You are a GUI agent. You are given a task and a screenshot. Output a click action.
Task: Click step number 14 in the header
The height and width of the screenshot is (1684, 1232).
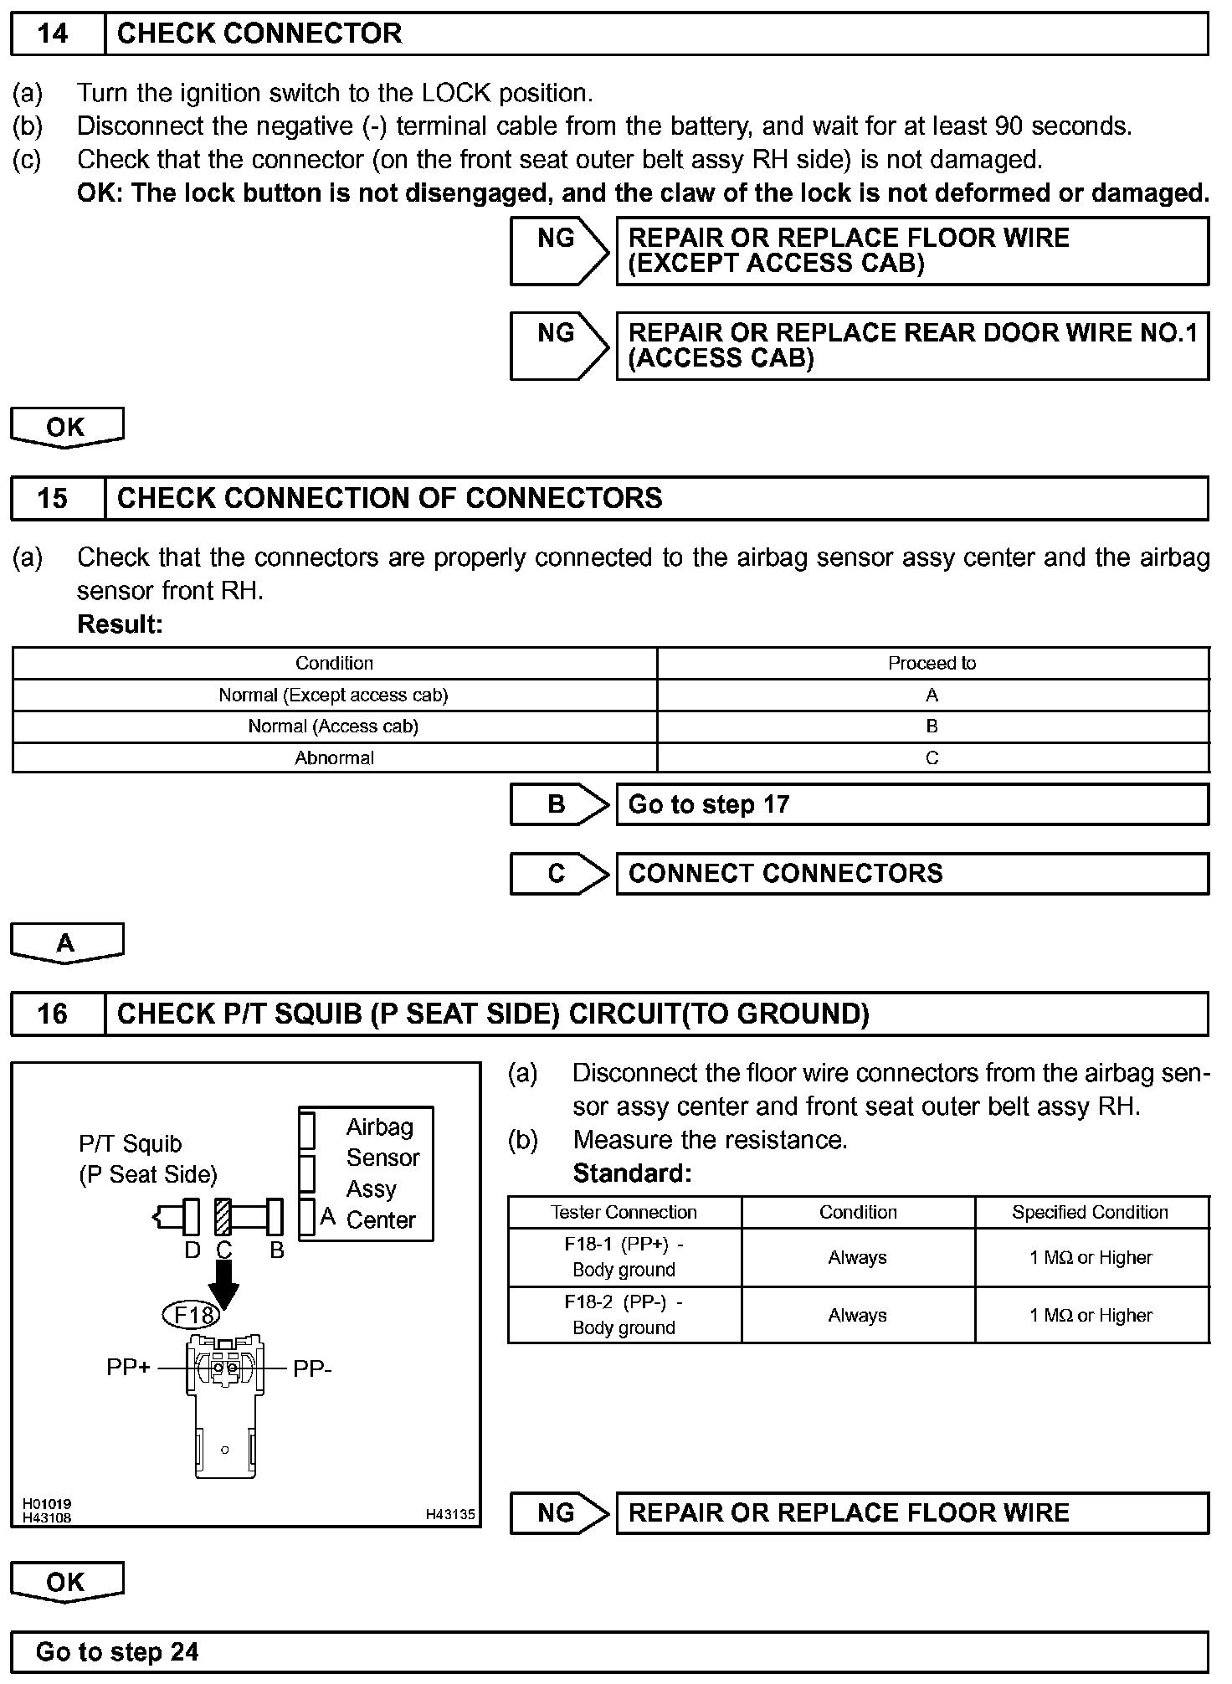(x=54, y=33)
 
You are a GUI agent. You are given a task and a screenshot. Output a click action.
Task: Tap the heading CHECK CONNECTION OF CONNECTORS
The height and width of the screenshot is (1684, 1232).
(x=389, y=498)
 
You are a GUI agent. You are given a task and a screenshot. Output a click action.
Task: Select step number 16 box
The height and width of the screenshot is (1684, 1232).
(x=54, y=1014)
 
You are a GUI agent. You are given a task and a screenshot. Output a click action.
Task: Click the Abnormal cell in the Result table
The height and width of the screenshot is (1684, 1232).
(x=334, y=757)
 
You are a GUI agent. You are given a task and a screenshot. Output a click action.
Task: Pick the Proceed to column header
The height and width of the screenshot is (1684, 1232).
(x=932, y=663)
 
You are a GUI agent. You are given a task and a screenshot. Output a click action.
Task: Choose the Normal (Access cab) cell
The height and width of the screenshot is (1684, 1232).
(x=333, y=726)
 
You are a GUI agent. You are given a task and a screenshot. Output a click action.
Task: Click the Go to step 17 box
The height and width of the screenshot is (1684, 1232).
(x=911, y=804)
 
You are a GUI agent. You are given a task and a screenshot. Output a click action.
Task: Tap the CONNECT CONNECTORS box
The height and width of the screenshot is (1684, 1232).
(x=911, y=874)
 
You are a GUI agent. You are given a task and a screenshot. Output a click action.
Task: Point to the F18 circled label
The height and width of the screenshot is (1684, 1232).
(x=192, y=1315)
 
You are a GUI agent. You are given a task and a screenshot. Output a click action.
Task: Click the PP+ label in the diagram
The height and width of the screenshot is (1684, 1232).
(x=128, y=1367)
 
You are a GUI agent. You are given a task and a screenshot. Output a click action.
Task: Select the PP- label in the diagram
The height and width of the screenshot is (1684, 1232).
(x=312, y=1369)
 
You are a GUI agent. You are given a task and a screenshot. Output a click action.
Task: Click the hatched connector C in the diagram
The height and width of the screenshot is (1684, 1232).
(x=223, y=1217)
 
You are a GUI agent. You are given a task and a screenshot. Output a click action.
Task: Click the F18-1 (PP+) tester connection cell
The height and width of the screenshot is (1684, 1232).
(x=624, y=1256)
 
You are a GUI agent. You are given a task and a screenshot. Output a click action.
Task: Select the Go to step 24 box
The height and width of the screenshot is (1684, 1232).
(x=608, y=1651)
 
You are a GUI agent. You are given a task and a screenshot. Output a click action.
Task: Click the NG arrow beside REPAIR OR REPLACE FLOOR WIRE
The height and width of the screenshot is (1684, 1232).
(x=559, y=1512)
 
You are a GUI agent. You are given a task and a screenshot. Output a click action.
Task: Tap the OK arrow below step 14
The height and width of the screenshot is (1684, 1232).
(x=66, y=428)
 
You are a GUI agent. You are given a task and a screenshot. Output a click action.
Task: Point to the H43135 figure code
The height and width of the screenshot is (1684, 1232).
(x=449, y=1513)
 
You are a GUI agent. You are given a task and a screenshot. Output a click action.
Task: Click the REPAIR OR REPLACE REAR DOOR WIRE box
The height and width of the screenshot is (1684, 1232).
(x=911, y=346)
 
